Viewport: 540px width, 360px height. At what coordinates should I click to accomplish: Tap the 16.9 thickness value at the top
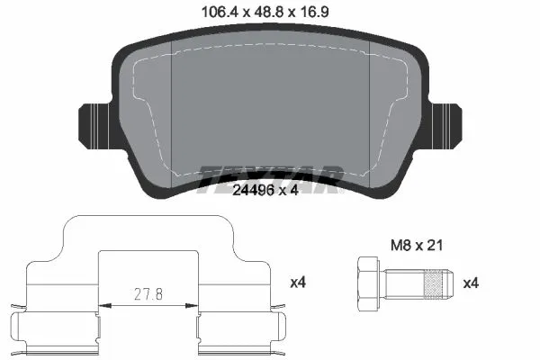click(322, 12)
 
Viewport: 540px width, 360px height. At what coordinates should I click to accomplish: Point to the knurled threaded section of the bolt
click(430, 283)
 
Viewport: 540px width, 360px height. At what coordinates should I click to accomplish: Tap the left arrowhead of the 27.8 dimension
click(101, 306)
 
